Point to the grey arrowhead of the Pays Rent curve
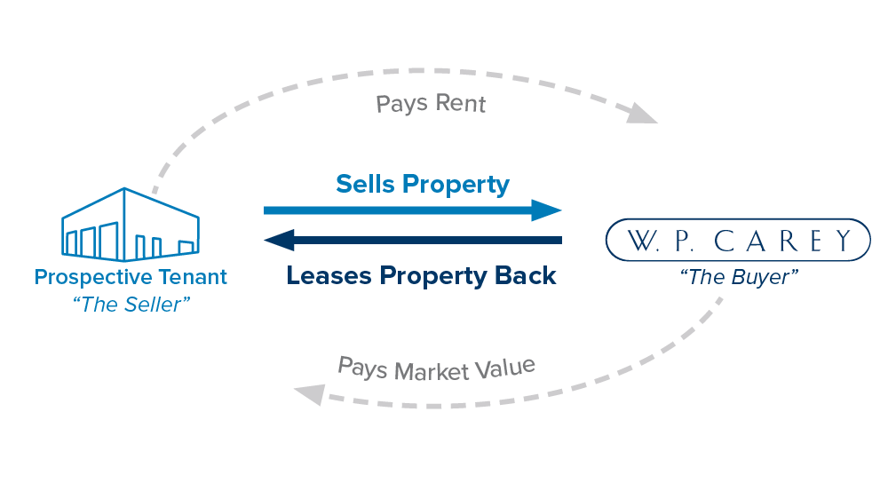(x=644, y=115)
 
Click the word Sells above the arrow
(x=365, y=184)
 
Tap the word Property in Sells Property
(x=456, y=185)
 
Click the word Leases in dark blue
(x=329, y=275)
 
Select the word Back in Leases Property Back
(x=527, y=275)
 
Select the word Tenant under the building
(x=194, y=276)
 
